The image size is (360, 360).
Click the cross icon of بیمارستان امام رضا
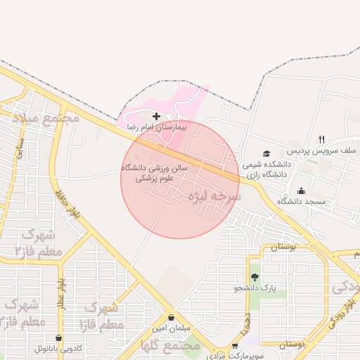coord(156,115)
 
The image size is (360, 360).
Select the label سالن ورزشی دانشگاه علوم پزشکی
coord(148,174)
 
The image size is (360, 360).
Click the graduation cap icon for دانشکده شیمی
coord(266,153)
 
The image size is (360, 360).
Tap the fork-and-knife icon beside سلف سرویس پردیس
coord(321,139)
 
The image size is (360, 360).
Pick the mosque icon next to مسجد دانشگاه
coord(302,190)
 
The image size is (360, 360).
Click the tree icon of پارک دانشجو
coord(255,276)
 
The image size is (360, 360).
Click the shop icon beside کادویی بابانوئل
coord(59,337)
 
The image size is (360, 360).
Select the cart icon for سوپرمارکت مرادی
coord(235,346)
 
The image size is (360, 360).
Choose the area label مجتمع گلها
coord(171,347)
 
